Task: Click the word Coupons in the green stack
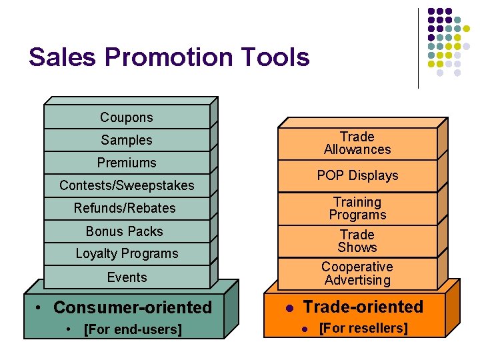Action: coord(127,117)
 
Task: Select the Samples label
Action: coord(127,140)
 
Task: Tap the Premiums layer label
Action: coord(127,163)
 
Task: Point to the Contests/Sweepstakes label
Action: coord(127,185)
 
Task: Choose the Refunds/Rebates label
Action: coord(125,208)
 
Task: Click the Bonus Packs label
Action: coord(125,231)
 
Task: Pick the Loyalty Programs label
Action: coord(127,253)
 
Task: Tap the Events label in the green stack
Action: coord(127,277)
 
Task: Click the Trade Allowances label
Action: coord(357,143)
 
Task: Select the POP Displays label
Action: coord(357,175)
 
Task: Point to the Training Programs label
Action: coord(357,208)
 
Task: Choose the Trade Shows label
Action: coord(357,241)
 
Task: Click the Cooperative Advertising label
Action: coord(357,273)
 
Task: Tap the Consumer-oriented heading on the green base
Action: coord(132,307)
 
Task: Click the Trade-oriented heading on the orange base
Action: coord(363,307)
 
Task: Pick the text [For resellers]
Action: coord(363,328)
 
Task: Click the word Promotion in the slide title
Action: coord(175,57)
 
